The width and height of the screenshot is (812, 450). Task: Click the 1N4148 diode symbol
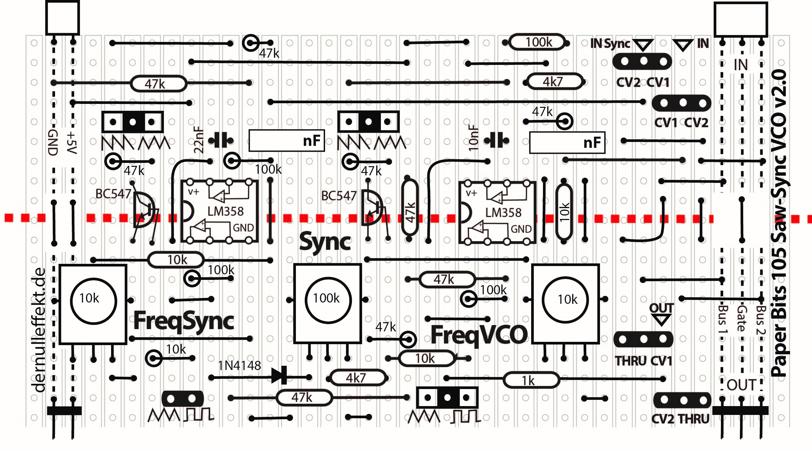280,375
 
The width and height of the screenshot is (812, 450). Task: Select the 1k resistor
531,380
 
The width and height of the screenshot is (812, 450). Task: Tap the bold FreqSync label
184,321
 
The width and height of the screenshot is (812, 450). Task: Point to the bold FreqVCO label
479,335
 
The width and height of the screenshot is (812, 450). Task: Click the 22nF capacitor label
199,140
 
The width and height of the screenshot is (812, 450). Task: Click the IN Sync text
610,43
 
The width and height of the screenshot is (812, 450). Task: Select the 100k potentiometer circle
328,300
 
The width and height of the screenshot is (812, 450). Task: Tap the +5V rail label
72,143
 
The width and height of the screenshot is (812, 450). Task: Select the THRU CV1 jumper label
643,361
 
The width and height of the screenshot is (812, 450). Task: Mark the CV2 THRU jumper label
680,419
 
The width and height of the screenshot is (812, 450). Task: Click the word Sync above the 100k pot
325,242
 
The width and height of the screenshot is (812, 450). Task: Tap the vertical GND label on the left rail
53,142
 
